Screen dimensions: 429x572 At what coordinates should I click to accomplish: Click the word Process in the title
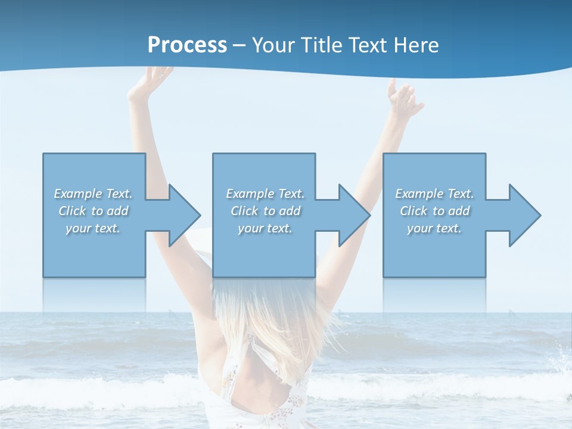pos(187,45)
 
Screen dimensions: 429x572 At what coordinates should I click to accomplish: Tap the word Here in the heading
pos(416,45)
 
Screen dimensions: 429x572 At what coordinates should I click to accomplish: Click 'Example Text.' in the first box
pos(93,194)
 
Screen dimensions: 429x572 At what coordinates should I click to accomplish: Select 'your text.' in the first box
pos(93,228)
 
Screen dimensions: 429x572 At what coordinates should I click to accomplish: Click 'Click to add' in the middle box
pos(265,211)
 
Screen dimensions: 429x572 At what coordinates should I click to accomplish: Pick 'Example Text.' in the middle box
pos(265,194)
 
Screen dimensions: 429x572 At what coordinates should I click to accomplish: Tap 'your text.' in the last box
pos(434,228)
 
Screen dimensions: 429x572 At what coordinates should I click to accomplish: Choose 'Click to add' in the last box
pos(434,211)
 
